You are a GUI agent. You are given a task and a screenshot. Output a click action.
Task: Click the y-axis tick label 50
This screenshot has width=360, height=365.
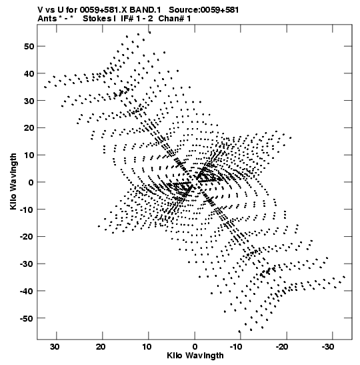point(29,46)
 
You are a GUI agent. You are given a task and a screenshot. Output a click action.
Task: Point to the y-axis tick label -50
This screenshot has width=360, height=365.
point(27,318)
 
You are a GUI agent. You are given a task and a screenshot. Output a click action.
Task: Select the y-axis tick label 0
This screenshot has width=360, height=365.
point(31,182)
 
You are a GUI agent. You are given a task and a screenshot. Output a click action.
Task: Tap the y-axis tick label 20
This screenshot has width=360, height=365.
point(29,128)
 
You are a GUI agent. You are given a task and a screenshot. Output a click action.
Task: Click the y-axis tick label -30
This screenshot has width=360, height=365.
point(27,264)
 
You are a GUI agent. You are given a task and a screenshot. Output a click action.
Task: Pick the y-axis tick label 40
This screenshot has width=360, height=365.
point(29,73)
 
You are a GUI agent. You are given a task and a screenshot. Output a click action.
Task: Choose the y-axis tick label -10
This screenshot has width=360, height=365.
point(27,210)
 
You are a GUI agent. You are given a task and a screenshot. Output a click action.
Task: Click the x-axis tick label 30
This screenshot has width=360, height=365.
point(55,347)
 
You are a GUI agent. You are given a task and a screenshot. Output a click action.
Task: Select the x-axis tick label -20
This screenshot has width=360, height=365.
point(281,347)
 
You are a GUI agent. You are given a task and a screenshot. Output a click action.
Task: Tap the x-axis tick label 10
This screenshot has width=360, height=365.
point(147,347)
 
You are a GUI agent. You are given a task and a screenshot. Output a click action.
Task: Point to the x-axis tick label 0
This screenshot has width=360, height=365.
point(195,347)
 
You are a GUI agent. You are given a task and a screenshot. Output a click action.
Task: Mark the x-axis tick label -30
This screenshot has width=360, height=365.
point(327,347)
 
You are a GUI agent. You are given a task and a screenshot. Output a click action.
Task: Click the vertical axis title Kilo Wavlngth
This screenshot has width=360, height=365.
point(13,181)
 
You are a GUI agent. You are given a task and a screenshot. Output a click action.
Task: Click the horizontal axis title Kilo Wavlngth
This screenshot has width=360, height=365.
point(195,356)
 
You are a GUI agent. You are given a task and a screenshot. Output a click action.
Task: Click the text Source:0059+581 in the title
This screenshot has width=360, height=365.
point(204,10)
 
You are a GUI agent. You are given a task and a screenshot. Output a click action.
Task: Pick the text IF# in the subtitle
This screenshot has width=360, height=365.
point(127,19)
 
